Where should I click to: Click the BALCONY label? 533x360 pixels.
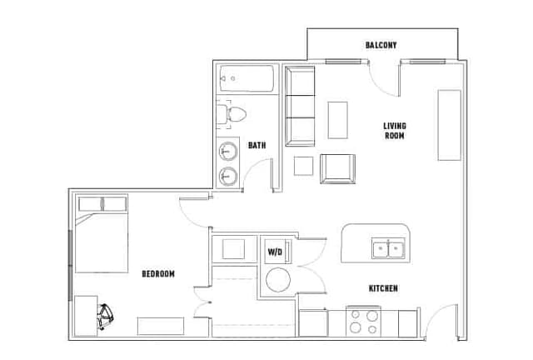click(x=381, y=45)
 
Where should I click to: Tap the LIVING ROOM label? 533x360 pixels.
click(x=395, y=131)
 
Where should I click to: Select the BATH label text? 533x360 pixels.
click(x=257, y=145)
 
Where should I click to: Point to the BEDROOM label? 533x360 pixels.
click(x=158, y=273)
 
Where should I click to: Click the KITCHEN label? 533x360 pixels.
click(x=383, y=288)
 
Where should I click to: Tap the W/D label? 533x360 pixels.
click(x=275, y=252)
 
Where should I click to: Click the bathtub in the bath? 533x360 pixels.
click(x=247, y=78)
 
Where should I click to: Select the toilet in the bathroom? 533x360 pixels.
click(x=232, y=114)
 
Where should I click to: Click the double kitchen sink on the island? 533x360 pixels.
click(x=388, y=248)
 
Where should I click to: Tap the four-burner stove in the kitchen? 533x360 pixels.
click(x=363, y=321)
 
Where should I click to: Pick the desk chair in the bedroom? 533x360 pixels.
click(x=106, y=317)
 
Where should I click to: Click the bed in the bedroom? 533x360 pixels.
click(x=102, y=233)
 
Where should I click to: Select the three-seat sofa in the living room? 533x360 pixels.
click(x=300, y=106)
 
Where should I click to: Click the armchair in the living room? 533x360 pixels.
click(x=337, y=169)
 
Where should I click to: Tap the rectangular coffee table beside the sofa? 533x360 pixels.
click(x=337, y=120)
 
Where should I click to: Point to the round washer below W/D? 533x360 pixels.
click(x=278, y=280)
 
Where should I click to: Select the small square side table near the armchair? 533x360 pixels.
click(x=303, y=166)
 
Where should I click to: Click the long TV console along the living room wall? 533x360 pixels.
click(x=450, y=125)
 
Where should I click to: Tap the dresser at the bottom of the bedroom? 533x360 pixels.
click(x=161, y=326)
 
